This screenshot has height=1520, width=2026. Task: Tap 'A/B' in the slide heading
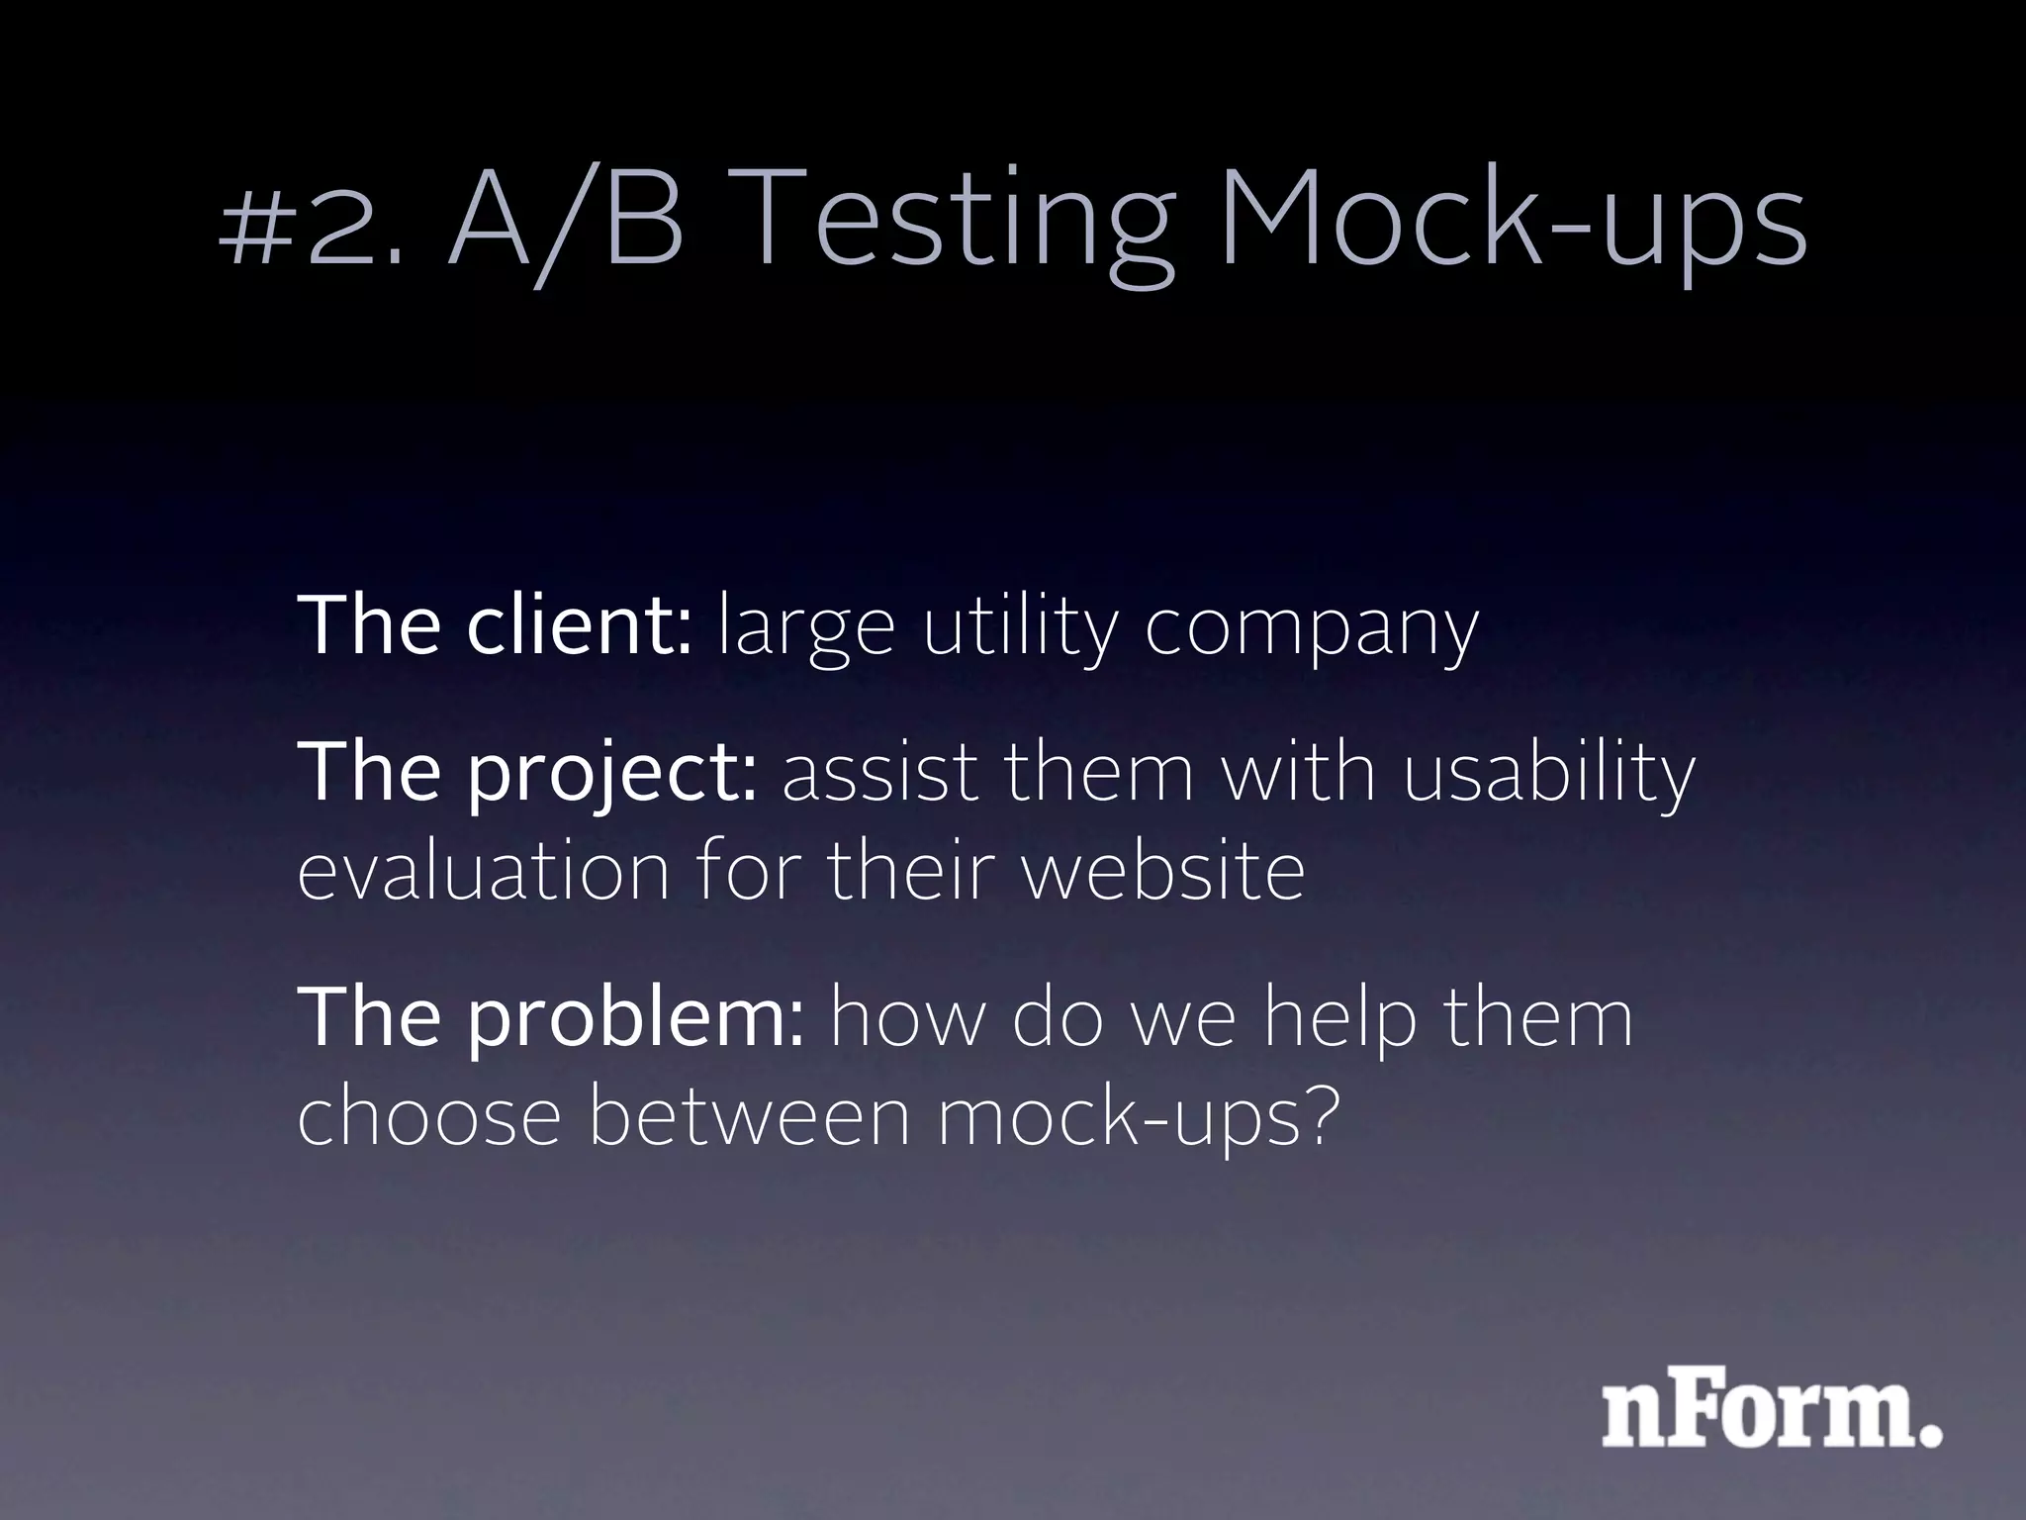[565, 222]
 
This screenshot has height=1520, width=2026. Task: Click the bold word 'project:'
[612, 774]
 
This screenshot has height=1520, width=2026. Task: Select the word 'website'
[1162, 871]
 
